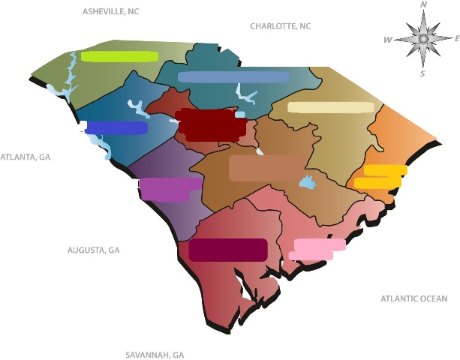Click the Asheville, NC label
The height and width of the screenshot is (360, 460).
pos(110,12)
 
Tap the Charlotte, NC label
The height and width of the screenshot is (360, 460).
pos(280,26)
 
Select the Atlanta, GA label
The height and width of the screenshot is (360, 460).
pos(25,157)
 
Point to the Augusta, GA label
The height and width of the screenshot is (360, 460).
pos(93,250)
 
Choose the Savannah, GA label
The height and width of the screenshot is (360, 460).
pos(155,355)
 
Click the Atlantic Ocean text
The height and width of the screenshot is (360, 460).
pos(413,298)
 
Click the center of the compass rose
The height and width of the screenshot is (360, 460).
pos(423,38)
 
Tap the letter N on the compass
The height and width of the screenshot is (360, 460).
pos(424,5)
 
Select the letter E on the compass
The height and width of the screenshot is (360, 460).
pos(456,38)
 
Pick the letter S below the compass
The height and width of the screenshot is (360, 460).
pos(422,73)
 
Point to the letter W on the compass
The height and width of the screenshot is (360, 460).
pos(388,40)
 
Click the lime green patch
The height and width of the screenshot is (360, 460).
pos(119,56)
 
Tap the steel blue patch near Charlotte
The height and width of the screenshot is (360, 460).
pos(233,77)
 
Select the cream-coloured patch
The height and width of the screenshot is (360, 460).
pos(330,107)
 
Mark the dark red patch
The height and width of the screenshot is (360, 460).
pos(210,125)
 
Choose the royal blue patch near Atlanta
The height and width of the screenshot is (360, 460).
pos(116,128)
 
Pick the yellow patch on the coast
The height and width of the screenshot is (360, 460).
pos(380,177)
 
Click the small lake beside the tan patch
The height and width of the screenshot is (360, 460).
pos(307,182)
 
